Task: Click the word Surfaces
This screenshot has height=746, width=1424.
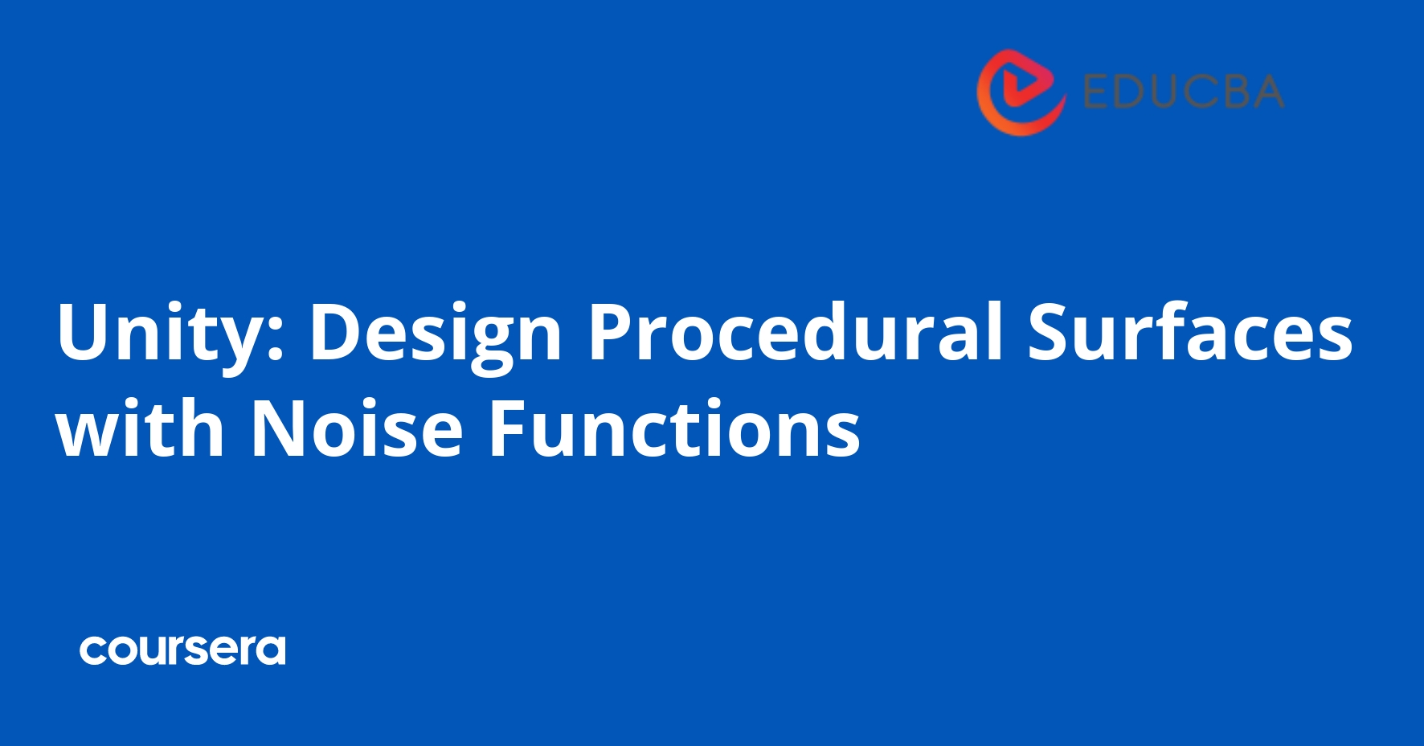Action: (x=1190, y=331)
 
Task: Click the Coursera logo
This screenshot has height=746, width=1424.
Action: (x=182, y=650)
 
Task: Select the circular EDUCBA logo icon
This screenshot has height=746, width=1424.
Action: (x=1021, y=92)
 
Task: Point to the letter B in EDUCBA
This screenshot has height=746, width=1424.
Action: (x=1226, y=92)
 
